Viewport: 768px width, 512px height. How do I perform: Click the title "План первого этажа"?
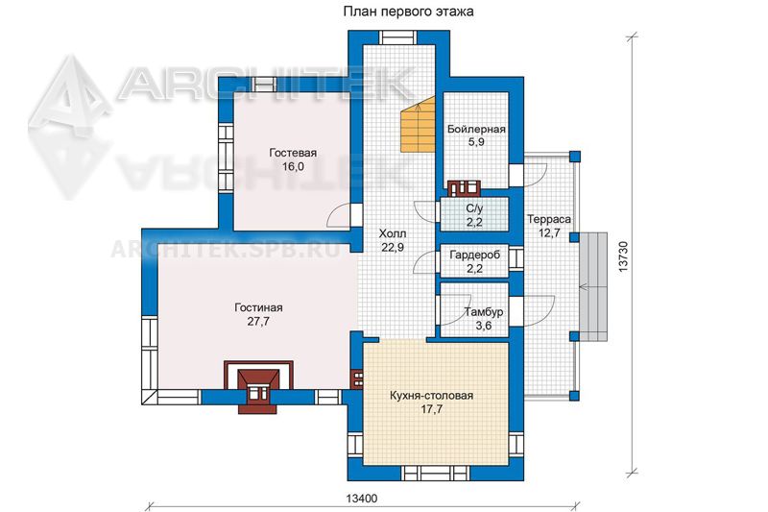pos(408,12)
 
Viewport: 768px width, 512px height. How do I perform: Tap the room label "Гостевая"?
pos(293,153)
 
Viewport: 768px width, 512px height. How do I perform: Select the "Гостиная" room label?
pos(258,307)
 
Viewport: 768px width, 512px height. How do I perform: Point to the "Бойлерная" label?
pos(476,130)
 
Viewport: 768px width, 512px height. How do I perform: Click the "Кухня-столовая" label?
pos(431,396)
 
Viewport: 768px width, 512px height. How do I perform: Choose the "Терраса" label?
pos(548,220)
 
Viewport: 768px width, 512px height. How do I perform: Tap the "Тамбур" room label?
pos(484,312)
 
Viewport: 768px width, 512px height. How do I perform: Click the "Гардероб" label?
pos(474,255)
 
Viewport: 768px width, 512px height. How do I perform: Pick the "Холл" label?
pos(393,233)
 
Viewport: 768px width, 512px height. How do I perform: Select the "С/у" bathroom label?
pos(474,208)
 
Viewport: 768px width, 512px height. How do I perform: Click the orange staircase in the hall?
pos(418,124)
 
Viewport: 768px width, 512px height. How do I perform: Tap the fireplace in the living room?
pos(258,387)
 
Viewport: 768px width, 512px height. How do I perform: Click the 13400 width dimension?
pos(362,499)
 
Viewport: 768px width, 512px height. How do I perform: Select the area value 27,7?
pos(258,322)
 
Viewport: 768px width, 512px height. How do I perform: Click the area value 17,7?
pos(431,409)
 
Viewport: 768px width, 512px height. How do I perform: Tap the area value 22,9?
pos(393,248)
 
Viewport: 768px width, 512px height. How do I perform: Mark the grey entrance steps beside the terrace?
pos(593,286)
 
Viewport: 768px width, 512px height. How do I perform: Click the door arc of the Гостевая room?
pos(338,215)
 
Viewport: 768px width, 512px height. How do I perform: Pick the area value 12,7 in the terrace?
pos(549,233)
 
